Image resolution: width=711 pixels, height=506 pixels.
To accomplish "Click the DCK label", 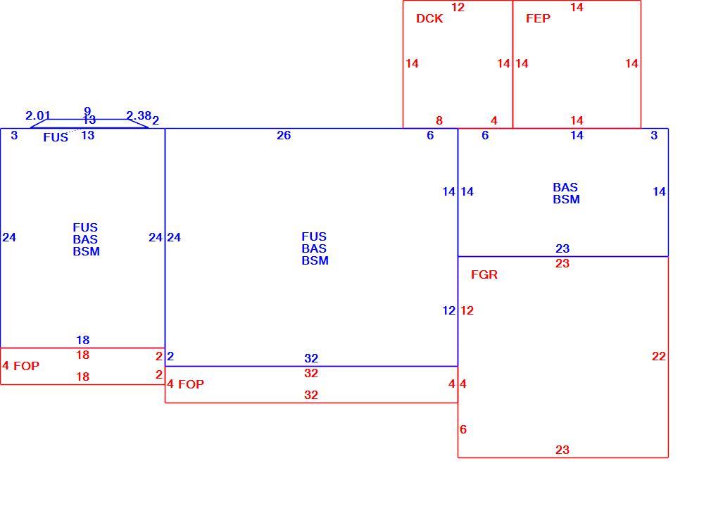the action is pyautogui.click(x=429, y=18).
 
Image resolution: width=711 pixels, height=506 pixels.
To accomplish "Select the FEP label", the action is pyautogui.click(x=539, y=18).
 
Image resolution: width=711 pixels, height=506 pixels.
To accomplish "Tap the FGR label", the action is pyautogui.click(x=484, y=274).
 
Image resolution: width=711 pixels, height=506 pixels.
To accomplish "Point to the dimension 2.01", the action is pyautogui.click(x=37, y=115).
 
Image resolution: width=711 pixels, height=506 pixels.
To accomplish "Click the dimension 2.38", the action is pyautogui.click(x=138, y=115).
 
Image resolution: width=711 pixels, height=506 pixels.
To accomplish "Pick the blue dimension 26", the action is pyautogui.click(x=284, y=135).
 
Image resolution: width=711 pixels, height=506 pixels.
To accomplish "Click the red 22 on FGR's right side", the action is pyautogui.click(x=658, y=356).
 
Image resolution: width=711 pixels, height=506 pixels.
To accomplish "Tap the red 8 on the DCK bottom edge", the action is pyautogui.click(x=439, y=120).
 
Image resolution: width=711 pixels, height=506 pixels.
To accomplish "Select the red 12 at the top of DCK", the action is pyautogui.click(x=458, y=7).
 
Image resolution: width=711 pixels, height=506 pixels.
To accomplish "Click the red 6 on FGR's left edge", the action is pyautogui.click(x=463, y=429).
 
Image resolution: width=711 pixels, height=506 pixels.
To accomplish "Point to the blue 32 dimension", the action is pyautogui.click(x=311, y=358).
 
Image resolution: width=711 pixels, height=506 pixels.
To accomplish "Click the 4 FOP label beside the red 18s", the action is pyautogui.click(x=21, y=366).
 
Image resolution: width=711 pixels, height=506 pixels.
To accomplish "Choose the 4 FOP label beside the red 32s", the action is pyautogui.click(x=185, y=384).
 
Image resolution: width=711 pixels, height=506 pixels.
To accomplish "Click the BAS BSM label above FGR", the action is pyautogui.click(x=567, y=193).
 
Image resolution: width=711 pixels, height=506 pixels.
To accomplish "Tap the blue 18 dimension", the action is pyautogui.click(x=83, y=340).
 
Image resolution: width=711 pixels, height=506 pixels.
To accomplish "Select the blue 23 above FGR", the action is pyautogui.click(x=562, y=248).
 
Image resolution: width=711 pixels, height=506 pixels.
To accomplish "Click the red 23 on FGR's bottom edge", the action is pyautogui.click(x=562, y=450).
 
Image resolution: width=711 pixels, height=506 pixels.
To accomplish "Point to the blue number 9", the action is pyautogui.click(x=87, y=110).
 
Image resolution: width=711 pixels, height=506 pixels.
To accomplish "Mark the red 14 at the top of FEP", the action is pyautogui.click(x=577, y=7).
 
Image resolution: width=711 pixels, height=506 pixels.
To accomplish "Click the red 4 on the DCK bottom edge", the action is pyautogui.click(x=493, y=120).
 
